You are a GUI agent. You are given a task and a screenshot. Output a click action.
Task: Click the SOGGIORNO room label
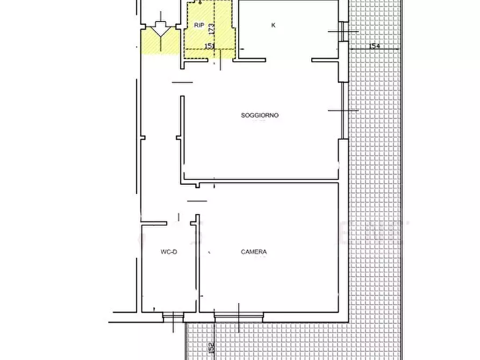click(260, 116)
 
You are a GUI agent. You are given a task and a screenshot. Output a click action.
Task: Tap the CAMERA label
click(254, 252)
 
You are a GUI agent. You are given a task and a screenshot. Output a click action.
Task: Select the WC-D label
click(168, 252)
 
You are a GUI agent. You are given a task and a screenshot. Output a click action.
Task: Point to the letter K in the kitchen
click(273, 25)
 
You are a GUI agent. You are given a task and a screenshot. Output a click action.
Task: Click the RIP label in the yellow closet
click(199, 25)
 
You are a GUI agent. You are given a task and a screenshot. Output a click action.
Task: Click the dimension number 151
click(210, 46)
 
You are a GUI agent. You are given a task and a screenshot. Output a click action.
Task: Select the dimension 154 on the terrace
click(375, 47)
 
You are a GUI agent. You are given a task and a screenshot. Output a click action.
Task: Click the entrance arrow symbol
click(160, 30)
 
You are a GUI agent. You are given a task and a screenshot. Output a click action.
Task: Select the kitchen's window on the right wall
click(343, 31)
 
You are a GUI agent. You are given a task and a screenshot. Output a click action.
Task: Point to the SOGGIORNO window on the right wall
click(342, 110)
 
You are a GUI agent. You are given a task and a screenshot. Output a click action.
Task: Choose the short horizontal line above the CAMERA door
click(197, 201)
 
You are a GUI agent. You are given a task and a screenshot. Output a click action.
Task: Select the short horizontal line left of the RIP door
click(182, 82)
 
